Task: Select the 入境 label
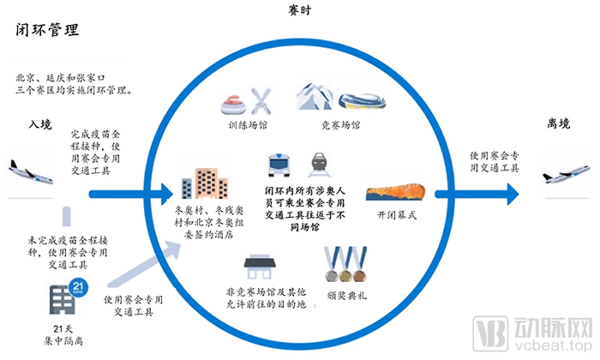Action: (x=40, y=125)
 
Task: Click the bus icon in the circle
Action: (x=279, y=163)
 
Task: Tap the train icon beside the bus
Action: (x=319, y=163)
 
